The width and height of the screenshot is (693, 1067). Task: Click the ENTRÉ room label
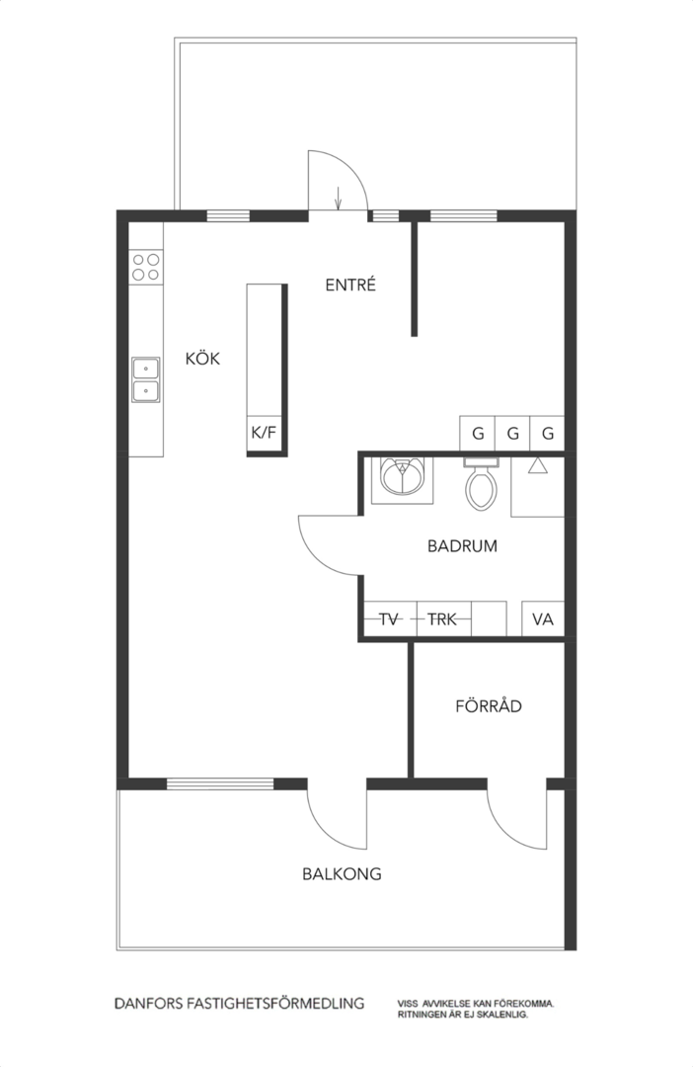(350, 285)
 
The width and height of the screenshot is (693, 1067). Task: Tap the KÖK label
(202, 358)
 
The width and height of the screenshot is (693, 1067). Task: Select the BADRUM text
(462, 545)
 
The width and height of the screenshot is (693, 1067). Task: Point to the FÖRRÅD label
(489, 705)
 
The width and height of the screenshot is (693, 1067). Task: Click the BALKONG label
(342, 873)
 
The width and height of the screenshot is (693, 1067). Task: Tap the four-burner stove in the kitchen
(146, 266)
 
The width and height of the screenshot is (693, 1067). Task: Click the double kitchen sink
(146, 379)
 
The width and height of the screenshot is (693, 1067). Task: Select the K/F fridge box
(264, 432)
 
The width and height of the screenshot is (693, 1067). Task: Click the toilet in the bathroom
(481, 484)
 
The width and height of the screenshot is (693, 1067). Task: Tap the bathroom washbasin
(402, 479)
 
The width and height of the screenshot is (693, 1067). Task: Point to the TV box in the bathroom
(388, 619)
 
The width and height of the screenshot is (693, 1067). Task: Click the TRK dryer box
(442, 619)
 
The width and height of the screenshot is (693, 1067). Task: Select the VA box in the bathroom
(543, 619)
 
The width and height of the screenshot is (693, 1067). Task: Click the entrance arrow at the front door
(338, 199)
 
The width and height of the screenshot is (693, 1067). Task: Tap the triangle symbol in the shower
(538, 465)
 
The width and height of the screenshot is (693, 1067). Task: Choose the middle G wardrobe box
(512, 433)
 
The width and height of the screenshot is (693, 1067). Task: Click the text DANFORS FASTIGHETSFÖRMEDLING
(239, 1003)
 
